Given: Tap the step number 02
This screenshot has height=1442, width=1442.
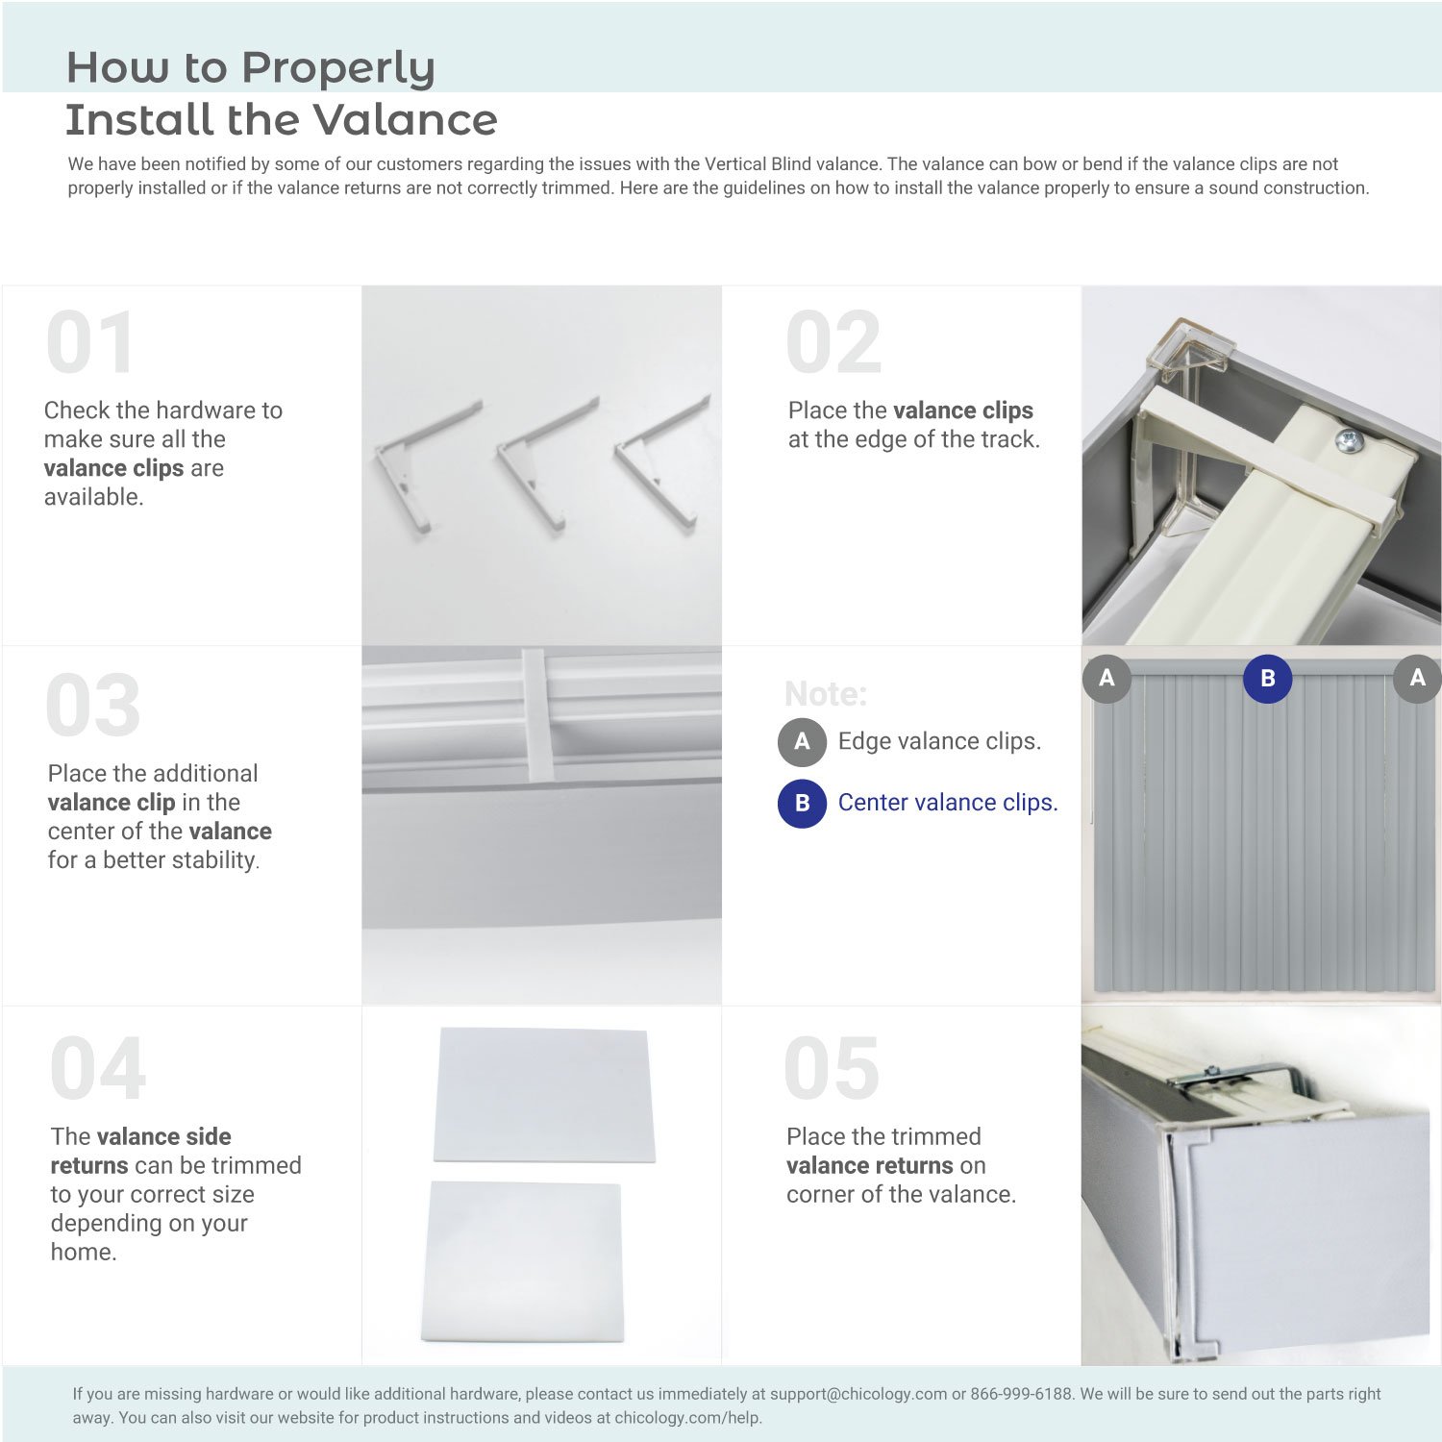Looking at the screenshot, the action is (833, 342).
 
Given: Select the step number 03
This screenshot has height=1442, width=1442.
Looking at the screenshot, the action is (93, 706).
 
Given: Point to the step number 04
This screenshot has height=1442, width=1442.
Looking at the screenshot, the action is (98, 1068).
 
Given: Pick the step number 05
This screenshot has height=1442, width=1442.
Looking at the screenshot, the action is (832, 1068).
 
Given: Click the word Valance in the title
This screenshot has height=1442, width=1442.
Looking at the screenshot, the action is (405, 120).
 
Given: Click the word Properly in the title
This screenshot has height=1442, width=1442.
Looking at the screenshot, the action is (338, 69).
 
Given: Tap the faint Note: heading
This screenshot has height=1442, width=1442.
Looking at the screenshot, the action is (826, 694).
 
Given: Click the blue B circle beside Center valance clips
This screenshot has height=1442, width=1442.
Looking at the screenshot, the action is (802, 803).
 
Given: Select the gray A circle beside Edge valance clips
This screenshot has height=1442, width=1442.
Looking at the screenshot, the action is (802, 741).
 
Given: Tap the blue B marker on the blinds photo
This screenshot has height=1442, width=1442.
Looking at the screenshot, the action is (1268, 679).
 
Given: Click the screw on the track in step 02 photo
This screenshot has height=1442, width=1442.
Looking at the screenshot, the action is (1349, 441).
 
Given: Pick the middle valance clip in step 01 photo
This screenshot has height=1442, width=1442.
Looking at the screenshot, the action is (546, 461).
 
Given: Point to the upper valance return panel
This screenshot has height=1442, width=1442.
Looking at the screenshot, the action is (544, 1095).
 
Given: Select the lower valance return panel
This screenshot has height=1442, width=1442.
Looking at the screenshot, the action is (523, 1261).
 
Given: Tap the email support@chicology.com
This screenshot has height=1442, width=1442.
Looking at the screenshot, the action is (858, 1394).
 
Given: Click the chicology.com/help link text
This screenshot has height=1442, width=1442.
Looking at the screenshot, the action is (687, 1418).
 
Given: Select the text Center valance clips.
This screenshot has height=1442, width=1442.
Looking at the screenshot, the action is (948, 803).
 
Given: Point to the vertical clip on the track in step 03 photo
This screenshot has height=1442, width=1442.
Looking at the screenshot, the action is (535, 714).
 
